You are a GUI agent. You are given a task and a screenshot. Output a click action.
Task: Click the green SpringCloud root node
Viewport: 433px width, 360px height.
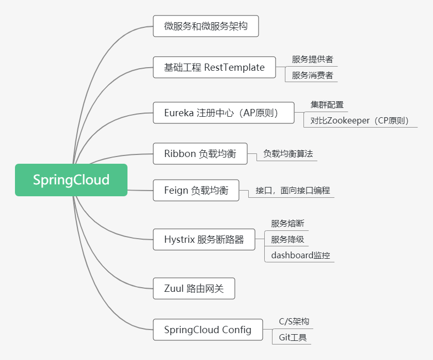71,180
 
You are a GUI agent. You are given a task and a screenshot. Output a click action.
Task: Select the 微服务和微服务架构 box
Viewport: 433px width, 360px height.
205,26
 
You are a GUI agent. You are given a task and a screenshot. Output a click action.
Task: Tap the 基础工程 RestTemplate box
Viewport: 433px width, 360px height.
214,67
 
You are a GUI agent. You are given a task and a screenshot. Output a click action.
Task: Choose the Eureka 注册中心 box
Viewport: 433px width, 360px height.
223,113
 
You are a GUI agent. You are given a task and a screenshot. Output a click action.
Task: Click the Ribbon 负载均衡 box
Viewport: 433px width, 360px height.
200,153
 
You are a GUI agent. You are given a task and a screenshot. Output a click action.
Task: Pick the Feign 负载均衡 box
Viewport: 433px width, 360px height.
196,190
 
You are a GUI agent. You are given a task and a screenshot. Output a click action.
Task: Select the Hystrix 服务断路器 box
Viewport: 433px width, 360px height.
204,240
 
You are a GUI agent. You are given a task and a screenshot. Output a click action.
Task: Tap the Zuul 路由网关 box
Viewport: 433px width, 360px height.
194,288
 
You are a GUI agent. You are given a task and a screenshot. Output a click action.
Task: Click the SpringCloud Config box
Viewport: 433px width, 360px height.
207,330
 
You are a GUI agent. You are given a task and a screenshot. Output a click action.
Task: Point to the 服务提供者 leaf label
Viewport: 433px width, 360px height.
312,59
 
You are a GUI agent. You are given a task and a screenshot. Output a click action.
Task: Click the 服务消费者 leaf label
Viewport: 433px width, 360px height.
312,75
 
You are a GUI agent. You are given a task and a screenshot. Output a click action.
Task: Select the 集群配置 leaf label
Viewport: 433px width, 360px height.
327,105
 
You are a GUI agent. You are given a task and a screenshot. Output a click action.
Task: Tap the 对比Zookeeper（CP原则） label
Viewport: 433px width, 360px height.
360,121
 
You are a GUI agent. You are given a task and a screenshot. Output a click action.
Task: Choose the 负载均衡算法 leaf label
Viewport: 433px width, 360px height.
288,154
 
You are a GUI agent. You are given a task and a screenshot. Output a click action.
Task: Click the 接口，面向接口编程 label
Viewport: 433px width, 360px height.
292,190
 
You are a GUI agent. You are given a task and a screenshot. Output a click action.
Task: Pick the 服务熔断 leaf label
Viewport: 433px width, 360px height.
287,224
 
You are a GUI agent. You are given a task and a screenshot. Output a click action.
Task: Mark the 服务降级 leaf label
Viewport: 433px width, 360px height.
287,239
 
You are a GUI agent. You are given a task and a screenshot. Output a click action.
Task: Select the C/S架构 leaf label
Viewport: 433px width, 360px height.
294,321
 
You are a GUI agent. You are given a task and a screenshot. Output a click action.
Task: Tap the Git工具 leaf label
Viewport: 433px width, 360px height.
293,337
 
